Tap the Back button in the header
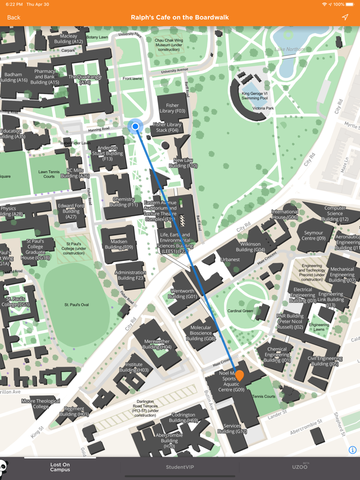14,17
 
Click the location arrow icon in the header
345,17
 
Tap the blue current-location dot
135,126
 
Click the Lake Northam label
290,49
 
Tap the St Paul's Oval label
77,305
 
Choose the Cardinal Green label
240,311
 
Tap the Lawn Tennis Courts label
49,174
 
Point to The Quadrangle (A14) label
85,80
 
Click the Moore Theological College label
41,404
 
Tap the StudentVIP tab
180,467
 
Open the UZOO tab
299,467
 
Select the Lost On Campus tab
60,467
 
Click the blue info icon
352,450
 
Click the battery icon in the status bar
351,4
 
